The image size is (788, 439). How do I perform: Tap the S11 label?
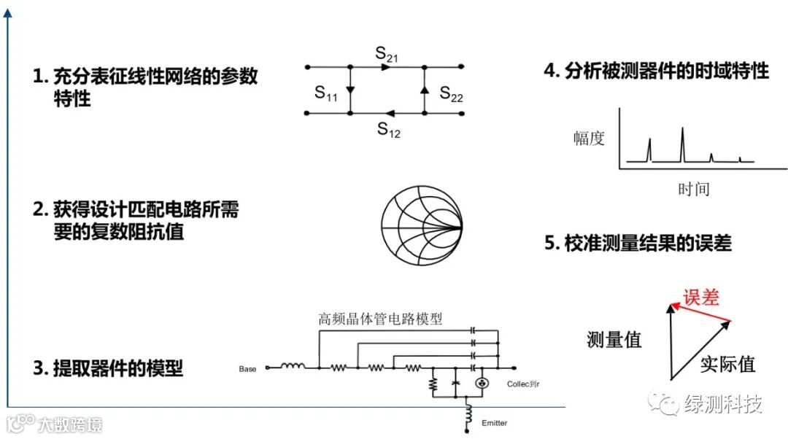pos(325,93)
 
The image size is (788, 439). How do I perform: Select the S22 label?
pos(451,94)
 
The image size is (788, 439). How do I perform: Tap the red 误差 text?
pos(700,297)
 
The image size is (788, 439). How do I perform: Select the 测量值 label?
pos(614,339)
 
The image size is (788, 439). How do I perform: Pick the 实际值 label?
pos(727,364)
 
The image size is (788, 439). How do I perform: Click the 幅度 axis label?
pos(589,139)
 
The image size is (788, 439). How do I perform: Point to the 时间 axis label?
pos(693,189)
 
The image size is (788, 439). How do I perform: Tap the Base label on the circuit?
pos(248,369)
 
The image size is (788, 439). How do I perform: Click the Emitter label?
pos(494,423)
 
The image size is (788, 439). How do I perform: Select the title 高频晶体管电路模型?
pos(381,319)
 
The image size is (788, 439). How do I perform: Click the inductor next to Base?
pos(293,368)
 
